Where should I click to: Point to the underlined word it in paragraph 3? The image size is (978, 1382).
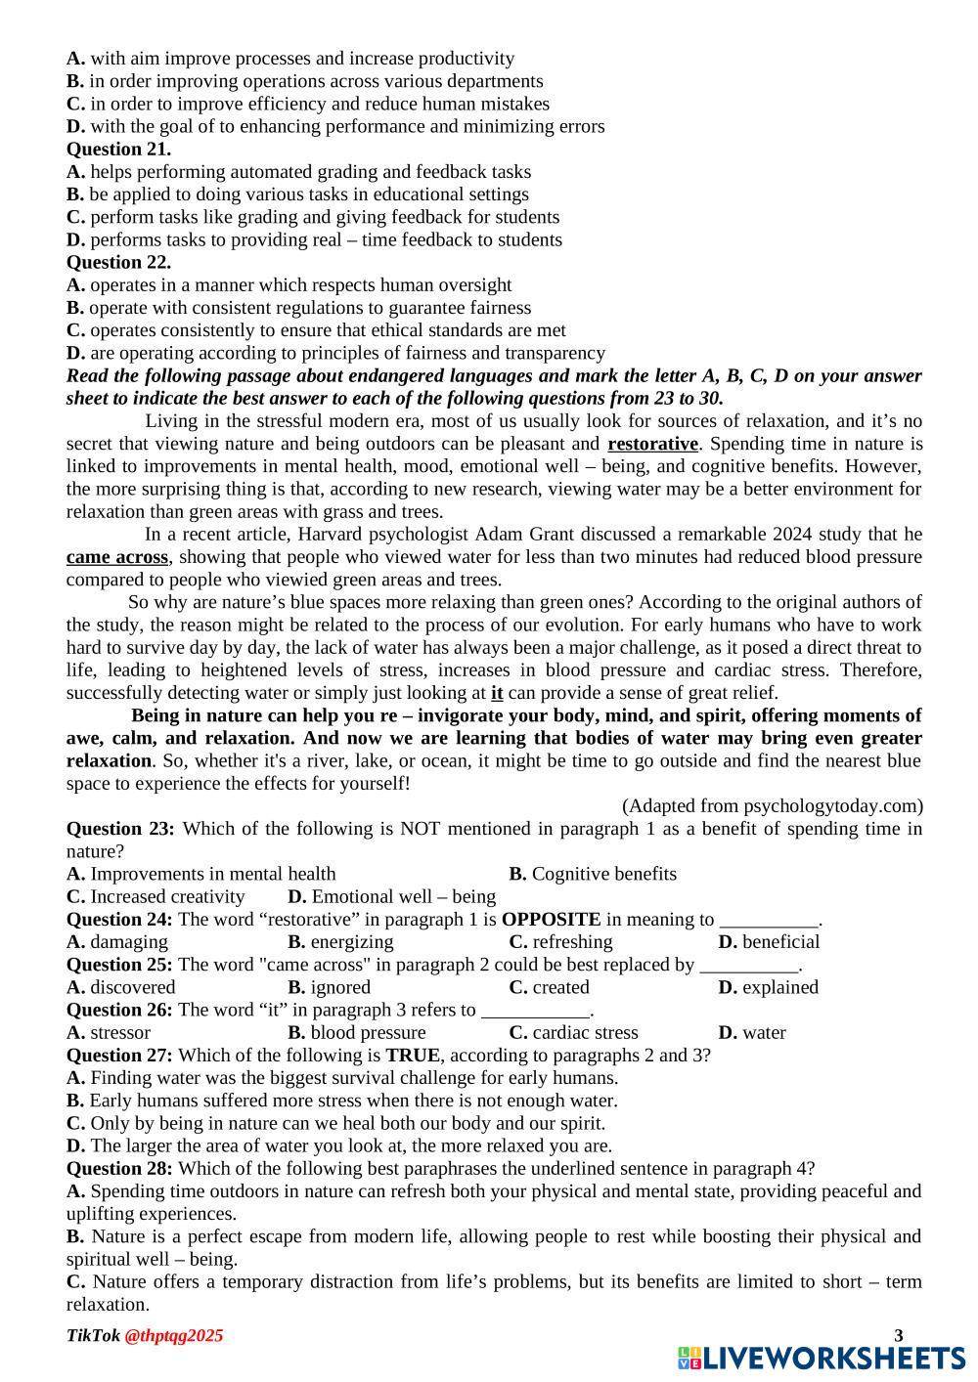497,693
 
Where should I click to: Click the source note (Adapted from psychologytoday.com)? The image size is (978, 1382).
772,806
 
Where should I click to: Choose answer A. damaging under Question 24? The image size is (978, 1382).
117,942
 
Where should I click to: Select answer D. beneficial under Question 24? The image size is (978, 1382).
769,942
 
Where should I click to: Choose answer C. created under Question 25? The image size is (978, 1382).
549,987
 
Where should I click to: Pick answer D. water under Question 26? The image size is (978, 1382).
752,1033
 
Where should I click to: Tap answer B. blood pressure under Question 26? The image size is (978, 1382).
357,1033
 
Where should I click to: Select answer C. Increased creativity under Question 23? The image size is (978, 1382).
156,897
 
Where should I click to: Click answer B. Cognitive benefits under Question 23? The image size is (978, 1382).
593,874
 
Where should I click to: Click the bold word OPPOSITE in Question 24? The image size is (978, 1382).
551,920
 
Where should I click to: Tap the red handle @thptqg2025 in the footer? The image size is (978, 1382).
174,1336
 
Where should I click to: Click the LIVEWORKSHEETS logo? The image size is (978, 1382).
822,1358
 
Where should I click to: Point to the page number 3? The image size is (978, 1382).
899,1336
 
